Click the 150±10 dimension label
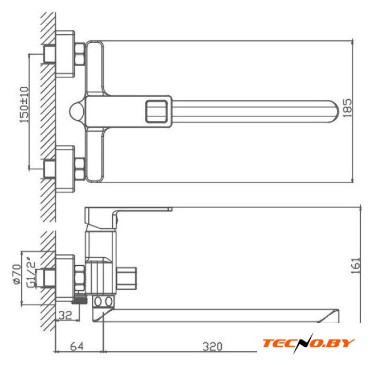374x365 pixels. click(x=24, y=105)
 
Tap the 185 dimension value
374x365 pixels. click(x=347, y=108)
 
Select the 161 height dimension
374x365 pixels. click(x=356, y=265)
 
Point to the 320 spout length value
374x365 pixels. click(x=212, y=347)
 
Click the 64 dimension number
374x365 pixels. click(x=77, y=346)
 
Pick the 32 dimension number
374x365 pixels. click(x=66, y=315)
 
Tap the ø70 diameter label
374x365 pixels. click(x=17, y=274)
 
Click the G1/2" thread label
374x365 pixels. click(x=31, y=272)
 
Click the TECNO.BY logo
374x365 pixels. click(x=309, y=343)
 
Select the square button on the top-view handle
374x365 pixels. click(x=156, y=112)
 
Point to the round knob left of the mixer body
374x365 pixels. click(x=77, y=111)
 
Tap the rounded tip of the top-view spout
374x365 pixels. click(x=335, y=111)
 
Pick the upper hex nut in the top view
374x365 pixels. click(x=80, y=54)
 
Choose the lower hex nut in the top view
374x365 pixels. click(x=80, y=168)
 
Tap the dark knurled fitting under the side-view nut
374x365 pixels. click(x=79, y=299)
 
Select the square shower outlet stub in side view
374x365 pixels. click(x=127, y=278)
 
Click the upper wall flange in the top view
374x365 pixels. click(x=65, y=54)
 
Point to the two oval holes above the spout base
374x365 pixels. click(x=103, y=302)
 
